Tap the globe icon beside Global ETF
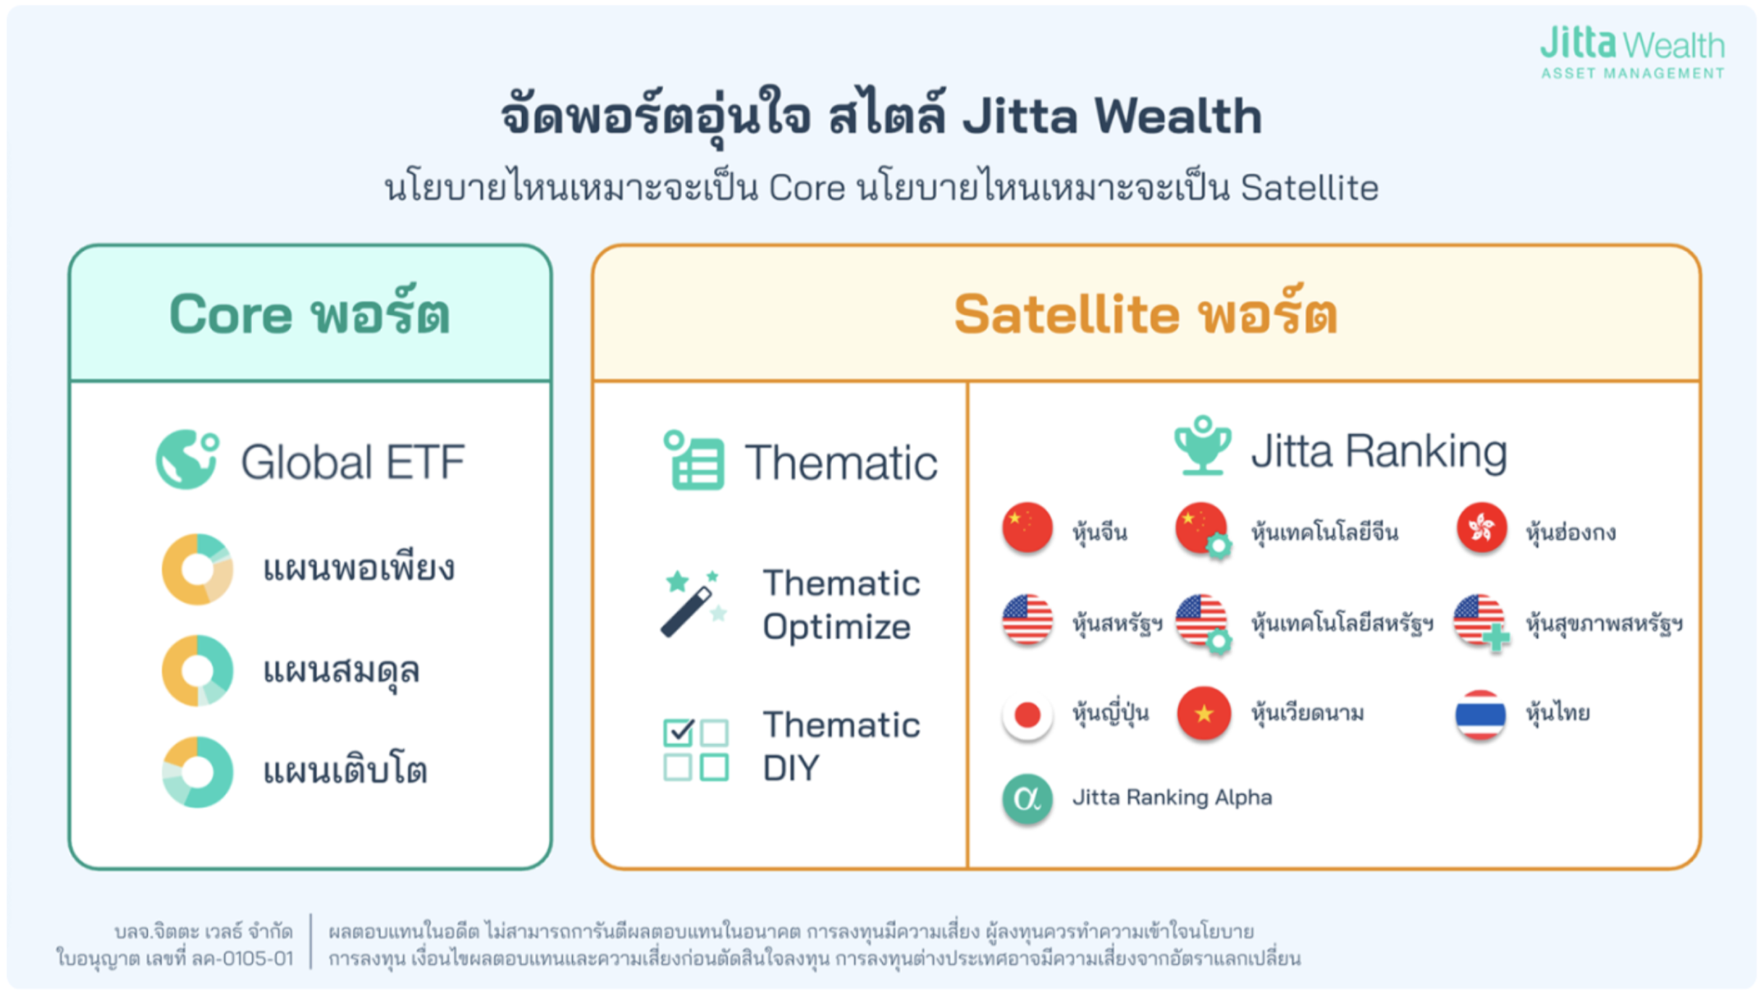tap(188, 460)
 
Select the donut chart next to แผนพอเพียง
tap(198, 569)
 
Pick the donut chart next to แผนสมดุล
tap(198, 670)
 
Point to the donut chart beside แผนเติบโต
tap(198, 772)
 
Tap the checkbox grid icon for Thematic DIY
tap(696, 750)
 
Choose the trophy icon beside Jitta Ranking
tap(1203, 446)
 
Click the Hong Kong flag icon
tap(1481, 528)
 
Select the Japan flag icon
tap(1027, 715)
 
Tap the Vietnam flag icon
tap(1203, 714)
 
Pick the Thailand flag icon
tap(1481, 715)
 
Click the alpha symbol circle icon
tap(1027, 798)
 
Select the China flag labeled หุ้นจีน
tap(1027, 528)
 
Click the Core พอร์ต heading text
tap(310, 314)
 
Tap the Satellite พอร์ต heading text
tap(1146, 314)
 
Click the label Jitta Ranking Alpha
tap(1172, 798)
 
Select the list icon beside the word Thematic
tap(694, 460)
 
